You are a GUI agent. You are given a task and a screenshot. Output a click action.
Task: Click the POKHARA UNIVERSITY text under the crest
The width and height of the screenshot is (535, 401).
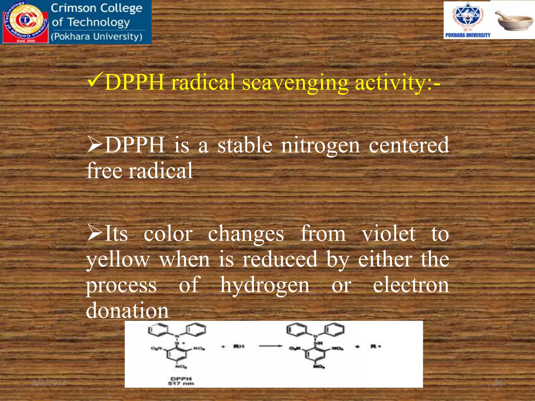tap(468, 35)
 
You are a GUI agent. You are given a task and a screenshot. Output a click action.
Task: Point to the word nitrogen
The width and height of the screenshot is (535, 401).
tap(320, 146)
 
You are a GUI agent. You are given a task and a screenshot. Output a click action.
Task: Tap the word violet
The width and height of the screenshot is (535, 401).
tap(388, 234)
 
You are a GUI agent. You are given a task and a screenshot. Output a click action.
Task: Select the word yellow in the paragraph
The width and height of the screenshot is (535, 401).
tap(118, 260)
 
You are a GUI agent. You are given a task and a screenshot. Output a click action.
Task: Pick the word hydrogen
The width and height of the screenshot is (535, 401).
tap(265, 285)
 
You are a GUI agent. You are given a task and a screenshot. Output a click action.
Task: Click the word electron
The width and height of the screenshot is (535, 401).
tap(411, 285)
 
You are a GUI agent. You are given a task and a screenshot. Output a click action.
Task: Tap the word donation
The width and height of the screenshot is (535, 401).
tap(127, 310)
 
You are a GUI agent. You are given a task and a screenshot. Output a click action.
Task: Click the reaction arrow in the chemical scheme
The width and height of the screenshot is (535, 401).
tap(270, 346)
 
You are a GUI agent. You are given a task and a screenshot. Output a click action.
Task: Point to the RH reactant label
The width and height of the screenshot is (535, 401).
tap(239, 346)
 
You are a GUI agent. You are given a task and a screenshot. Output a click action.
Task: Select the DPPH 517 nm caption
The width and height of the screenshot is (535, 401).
tap(181, 381)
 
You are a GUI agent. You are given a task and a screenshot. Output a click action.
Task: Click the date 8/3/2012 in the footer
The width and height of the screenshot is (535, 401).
tap(49, 383)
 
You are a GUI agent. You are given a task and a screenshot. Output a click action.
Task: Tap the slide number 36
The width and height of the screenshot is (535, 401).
tap(498, 383)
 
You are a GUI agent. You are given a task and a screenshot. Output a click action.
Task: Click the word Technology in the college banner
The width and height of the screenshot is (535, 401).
tap(98, 22)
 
